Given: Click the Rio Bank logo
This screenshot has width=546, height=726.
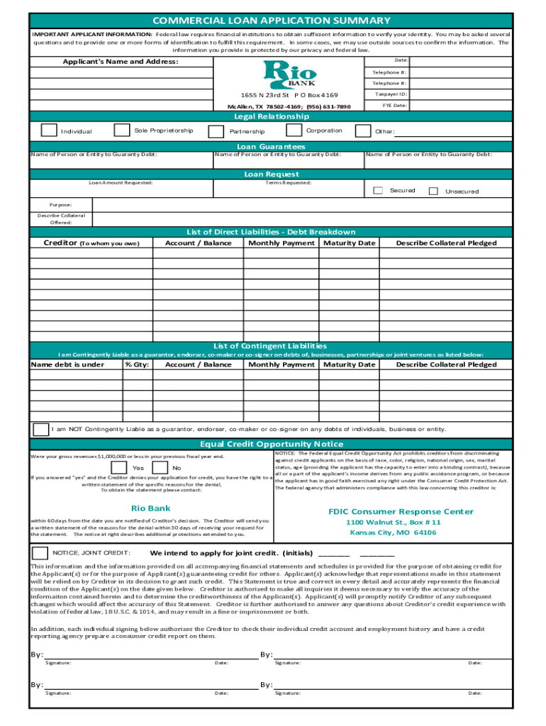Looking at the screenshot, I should tap(291, 74).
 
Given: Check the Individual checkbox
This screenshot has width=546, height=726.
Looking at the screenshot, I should tap(48, 130).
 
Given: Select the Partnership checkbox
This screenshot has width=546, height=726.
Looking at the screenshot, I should tap(216, 131).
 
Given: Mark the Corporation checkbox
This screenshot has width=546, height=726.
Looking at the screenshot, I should tap(293, 130).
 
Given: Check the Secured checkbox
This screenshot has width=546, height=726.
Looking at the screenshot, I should tap(378, 191).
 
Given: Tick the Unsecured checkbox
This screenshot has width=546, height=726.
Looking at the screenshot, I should tap(433, 191).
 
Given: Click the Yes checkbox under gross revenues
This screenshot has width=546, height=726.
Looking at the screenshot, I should tap(119, 468).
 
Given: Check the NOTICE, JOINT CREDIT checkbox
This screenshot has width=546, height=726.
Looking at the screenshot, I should tap(39, 552).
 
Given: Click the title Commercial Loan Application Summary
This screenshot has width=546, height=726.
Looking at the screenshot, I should tap(272, 21).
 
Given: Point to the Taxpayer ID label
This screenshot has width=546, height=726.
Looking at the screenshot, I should tap(391, 94).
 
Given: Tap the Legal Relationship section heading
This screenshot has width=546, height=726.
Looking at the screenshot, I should tap(272, 116).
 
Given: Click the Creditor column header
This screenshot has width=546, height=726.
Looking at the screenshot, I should tap(91, 243).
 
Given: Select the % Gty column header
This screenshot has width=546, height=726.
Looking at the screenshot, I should tap(137, 364).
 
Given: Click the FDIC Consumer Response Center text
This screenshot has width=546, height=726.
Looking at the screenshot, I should tap(401, 511).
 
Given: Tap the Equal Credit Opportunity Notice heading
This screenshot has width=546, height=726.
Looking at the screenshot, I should tap(272, 445).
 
